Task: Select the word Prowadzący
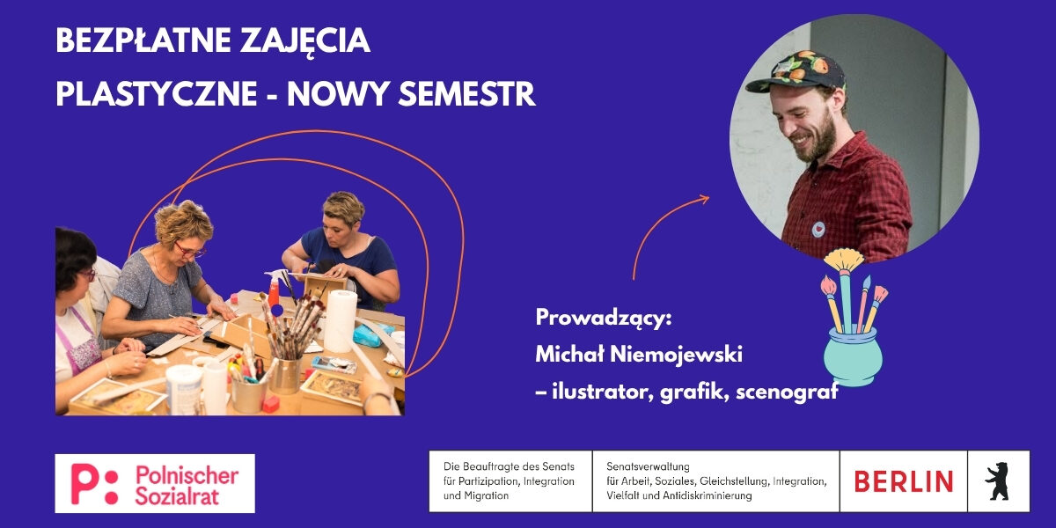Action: point(603,319)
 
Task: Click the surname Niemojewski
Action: point(677,354)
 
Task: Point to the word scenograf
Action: point(787,392)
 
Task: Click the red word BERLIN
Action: point(903,481)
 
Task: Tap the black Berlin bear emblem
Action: point(997,481)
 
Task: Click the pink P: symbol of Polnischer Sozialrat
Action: point(94,484)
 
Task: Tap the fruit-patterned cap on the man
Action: point(796,71)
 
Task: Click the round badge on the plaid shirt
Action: point(818,230)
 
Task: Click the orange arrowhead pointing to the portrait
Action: point(704,199)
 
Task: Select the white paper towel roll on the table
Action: point(341,321)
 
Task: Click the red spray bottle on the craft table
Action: point(275,288)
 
